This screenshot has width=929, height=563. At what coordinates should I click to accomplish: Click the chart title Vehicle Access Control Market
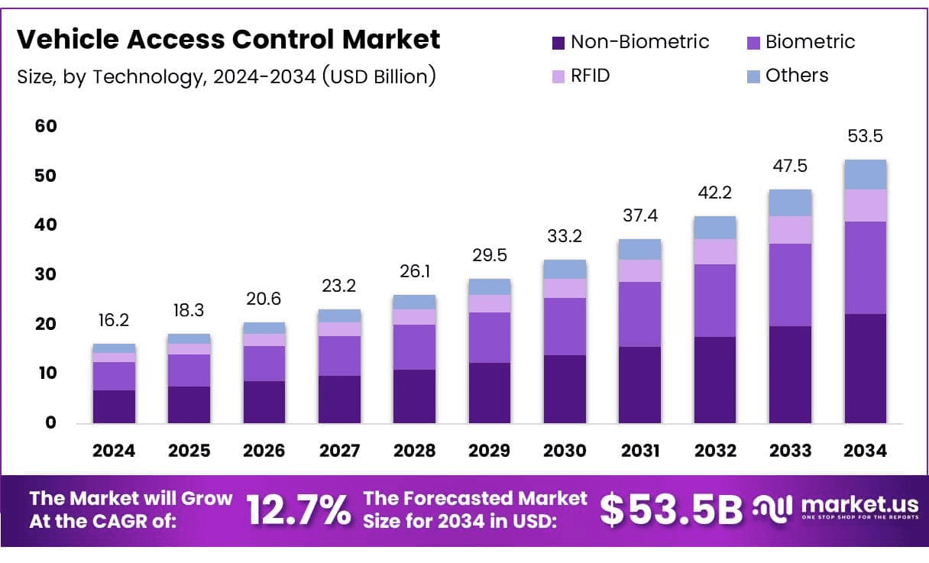(228, 40)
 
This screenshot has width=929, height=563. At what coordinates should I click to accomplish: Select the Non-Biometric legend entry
(630, 42)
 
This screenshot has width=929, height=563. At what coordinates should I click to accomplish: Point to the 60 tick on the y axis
(46, 126)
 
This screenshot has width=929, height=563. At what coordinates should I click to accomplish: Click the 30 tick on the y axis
(46, 274)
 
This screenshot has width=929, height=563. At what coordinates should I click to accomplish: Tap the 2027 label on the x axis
(339, 451)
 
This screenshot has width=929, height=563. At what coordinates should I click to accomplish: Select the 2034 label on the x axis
(866, 451)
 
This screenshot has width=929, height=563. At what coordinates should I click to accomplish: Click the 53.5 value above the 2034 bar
(866, 137)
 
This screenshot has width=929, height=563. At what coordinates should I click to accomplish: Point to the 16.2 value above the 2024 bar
(114, 321)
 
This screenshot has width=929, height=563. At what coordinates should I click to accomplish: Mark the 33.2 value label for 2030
(565, 236)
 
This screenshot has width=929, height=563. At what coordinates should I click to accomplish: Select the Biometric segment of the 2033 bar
(790, 285)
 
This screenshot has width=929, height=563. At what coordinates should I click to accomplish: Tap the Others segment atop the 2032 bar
(715, 228)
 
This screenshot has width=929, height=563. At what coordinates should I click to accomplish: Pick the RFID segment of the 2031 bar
(639, 270)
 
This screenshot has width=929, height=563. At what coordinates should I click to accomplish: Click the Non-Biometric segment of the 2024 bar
(114, 406)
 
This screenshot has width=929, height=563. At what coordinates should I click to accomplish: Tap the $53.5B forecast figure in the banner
(670, 510)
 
